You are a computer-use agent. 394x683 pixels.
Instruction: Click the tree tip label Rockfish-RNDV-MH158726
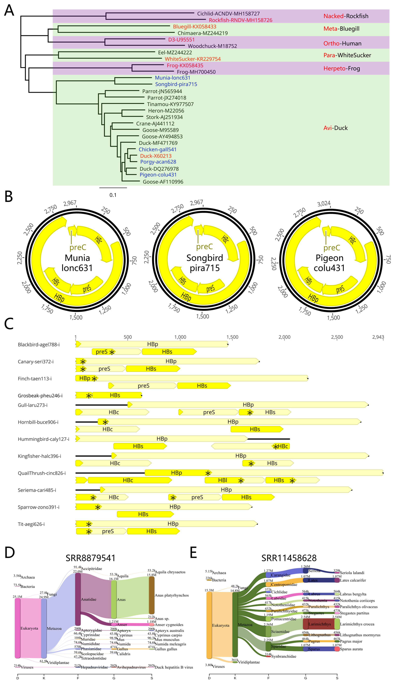(x=240, y=20)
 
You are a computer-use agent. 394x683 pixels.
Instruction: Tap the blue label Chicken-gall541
(x=157, y=149)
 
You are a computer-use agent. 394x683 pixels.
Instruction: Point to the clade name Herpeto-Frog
(x=342, y=68)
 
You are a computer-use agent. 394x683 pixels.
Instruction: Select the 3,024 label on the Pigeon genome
(x=324, y=204)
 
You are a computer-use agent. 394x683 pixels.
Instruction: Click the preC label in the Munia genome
(x=78, y=247)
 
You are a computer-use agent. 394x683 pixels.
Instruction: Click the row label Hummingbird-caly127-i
(x=43, y=439)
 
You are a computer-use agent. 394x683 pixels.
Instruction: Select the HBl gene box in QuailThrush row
(x=222, y=480)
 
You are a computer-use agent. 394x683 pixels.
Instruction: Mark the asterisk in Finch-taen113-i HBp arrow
(x=94, y=379)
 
